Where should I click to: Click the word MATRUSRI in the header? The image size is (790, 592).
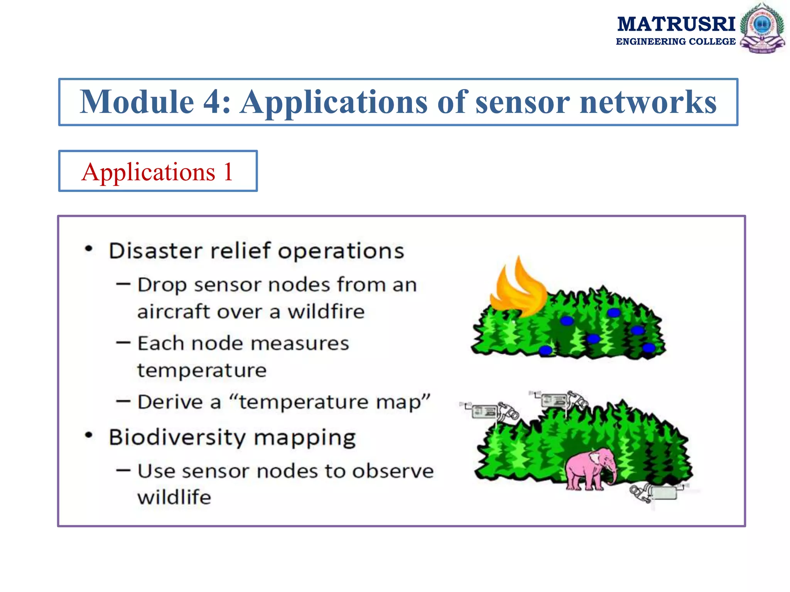click(676, 24)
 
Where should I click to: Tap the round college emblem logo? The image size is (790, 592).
click(762, 28)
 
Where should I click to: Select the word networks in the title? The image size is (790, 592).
click(648, 102)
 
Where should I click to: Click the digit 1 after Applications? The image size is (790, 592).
click(228, 172)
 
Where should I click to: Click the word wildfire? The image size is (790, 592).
click(326, 311)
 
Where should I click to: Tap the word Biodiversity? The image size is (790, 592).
click(177, 438)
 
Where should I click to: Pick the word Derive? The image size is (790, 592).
click(170, 402)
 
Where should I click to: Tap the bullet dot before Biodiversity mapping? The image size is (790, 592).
click(89, 436)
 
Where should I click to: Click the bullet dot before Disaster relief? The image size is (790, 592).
click(89, 249)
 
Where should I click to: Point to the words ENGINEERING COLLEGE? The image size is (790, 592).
click(675, 42)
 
